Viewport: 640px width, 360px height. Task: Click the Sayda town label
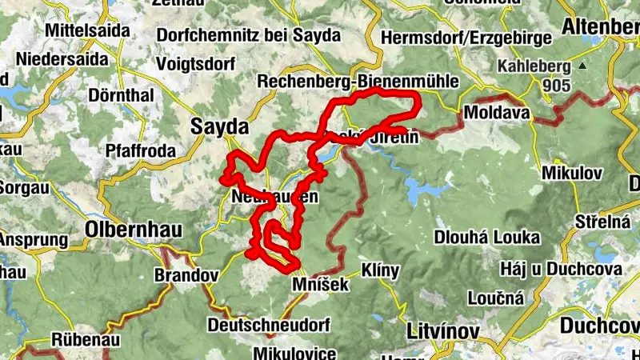(x=219, y=127)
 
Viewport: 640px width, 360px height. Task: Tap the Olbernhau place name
(x=133, y=230)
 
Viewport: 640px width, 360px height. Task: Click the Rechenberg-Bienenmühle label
(x=357, y=82)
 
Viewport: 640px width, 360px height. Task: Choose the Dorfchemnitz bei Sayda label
(x=249, y=35)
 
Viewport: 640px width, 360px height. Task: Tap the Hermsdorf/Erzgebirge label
(x=466, y=38)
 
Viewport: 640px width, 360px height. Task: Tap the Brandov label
(x=186, y=275)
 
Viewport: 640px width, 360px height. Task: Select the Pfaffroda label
(x=140, y=150)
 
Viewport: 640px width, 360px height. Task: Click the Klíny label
(x=380, y=270)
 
